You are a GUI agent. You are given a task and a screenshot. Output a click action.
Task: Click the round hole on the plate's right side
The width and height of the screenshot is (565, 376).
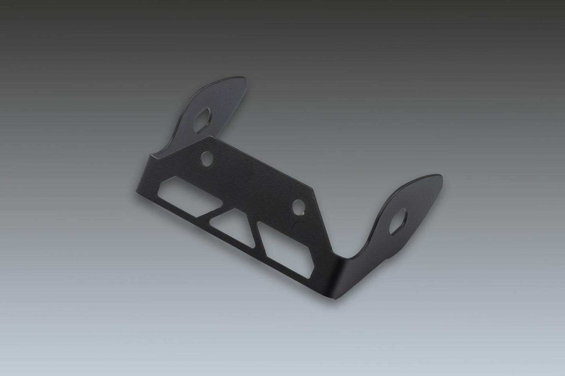[x=300, y=205]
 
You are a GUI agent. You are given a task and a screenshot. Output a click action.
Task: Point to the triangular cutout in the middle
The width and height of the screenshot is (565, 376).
[x=230, y=219]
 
